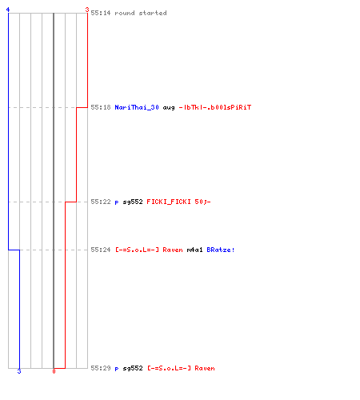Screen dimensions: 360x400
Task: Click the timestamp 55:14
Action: click(x=101, y=13)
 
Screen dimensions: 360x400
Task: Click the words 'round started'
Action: click(x=141, y=13)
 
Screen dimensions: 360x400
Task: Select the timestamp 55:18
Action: click(x=101, y=107)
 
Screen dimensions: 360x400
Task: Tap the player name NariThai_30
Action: click(x=137, y=107)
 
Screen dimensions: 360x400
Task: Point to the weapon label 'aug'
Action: click(x=169, y=108)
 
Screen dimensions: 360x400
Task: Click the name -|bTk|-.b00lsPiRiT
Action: click(x=215, y=107)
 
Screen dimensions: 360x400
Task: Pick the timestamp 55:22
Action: click(x=101, y=202)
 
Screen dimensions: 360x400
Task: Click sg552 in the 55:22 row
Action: click(x=133, y=202)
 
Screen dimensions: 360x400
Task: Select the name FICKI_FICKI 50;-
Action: click(x=178, y=202)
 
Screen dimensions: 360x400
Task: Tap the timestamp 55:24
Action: click(x=101, y=250)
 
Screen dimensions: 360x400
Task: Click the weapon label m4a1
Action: click(x=194, y=250)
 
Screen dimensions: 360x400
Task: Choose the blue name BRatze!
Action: click(x=221, y=250)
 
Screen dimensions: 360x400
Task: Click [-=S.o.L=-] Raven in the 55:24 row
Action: click(x=149, y=250)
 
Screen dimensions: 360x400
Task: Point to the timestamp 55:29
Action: click(x=101, y=368)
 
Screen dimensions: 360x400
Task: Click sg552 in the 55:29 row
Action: click(x=133, y=368)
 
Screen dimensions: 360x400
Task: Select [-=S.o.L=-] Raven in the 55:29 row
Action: click(x=181, y=368)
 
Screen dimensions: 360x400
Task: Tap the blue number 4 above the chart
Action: click(x=8, y=10)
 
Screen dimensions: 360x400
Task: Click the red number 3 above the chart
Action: click(x=87, y=10)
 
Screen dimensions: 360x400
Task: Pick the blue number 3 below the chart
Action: click(x=19, y=371)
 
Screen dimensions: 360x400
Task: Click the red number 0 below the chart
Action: click(x=54, y=371)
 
